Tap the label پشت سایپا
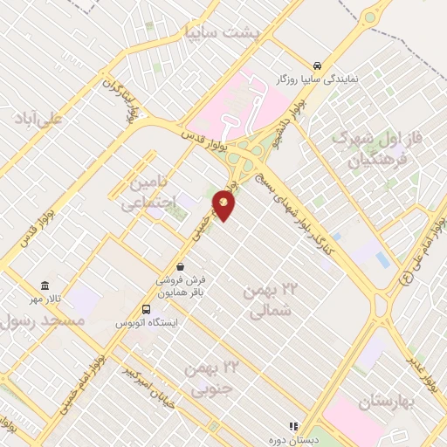[x=223, y=32]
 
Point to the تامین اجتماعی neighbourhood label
[x=148, y=193]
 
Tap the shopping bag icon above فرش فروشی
[x=180, y=266]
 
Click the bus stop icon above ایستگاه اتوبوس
[x=147, y=309]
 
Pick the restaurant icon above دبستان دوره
[x=293, y=426]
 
